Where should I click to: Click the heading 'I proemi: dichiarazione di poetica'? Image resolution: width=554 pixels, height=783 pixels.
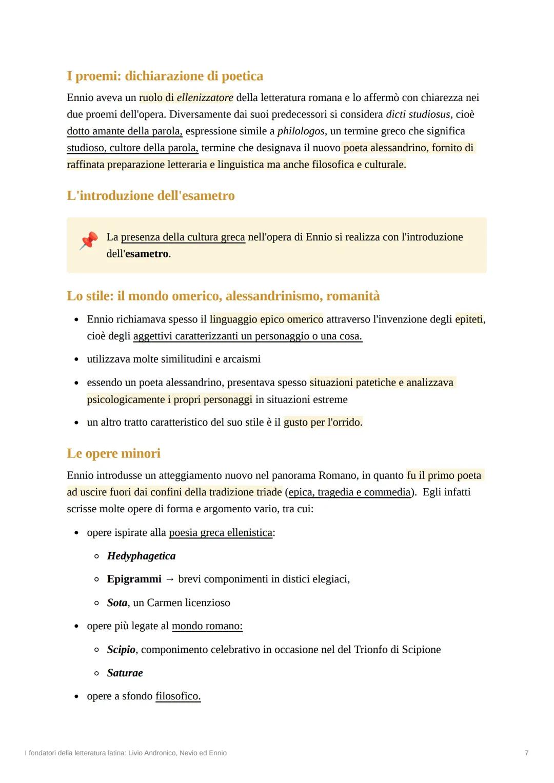[165, 76]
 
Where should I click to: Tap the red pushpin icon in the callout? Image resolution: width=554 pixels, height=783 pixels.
[88, 241]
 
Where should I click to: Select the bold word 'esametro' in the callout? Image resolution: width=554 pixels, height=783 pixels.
[147, 254]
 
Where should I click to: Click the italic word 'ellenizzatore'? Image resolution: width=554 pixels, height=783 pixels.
[205, 97]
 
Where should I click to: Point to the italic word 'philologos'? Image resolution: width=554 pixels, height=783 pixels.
[301, 131]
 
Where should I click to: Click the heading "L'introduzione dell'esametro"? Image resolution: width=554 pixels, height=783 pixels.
[151, 196]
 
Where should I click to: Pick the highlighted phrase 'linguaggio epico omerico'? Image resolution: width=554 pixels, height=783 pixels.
[266, 319]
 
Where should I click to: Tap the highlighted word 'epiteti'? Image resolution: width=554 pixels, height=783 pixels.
[469, 319]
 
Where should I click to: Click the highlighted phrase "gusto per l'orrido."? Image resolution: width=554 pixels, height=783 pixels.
[323, 423]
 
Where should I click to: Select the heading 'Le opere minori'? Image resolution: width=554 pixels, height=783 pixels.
[113, 453]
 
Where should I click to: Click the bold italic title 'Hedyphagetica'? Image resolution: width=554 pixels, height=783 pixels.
[141, 556]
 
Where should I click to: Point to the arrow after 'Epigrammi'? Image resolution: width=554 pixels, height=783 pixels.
[170, 579]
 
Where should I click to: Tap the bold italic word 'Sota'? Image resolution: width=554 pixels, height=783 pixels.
[117, 603]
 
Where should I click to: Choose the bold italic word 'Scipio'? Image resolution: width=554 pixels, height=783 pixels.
[121, 650]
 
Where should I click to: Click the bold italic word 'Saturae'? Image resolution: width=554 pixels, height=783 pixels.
[125, 673]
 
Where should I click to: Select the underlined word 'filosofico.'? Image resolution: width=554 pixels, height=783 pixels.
[178, 696]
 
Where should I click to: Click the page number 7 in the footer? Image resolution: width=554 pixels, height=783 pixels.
[526, 753]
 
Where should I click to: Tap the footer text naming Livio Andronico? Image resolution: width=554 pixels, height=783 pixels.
[126, 753]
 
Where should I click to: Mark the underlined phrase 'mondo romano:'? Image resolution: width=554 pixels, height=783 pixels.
[207, 626]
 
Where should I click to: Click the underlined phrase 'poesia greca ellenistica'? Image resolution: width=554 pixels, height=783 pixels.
[221, 533]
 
